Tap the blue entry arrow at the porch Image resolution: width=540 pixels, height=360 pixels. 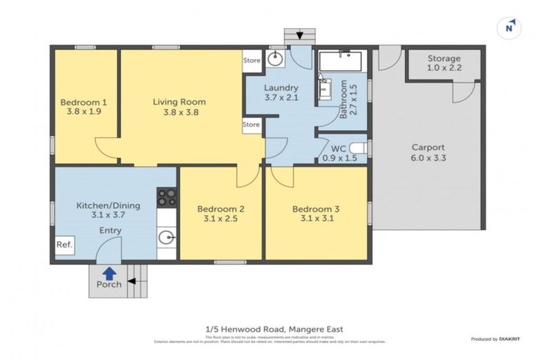pyautogui.click(x=109, y=272)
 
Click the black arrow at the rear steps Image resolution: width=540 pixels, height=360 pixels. pyautogui.click(x=300, y=35)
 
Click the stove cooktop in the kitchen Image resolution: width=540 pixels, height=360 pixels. pyautogui.click(x=167, y=197)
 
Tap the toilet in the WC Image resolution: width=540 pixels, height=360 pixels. pyautogui.click(x=358, y=148)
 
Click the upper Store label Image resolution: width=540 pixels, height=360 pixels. pyautogui.click(x=251, y=60)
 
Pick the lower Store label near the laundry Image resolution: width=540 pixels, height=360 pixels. pyautogui.click(x=251, y=125)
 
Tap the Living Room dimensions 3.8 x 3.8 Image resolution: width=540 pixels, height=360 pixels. pyautogui.click(x=179, y=111)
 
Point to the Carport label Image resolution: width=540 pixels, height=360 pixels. pyautogui.click(x=427, y=148)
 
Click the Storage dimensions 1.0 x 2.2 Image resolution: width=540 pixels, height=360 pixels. pyautogui.click(x=444, y=68)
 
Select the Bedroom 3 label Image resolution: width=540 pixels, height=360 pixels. pyautogui.click(x=316, y=209)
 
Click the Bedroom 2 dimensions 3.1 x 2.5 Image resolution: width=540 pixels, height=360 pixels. pyautogui.click(x=221, y=219)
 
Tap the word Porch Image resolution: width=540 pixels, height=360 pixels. pyautogui.click(x=109, y=284)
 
